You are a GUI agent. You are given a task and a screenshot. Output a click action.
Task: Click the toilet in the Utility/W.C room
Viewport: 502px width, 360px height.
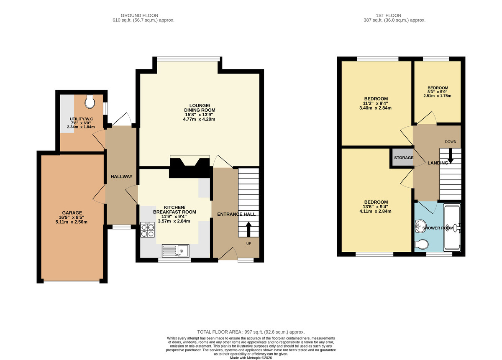click(90, 101)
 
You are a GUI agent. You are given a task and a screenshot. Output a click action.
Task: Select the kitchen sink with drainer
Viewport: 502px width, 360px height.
click(176, 250)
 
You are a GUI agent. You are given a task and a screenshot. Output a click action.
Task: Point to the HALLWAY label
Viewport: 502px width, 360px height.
click(121, 176)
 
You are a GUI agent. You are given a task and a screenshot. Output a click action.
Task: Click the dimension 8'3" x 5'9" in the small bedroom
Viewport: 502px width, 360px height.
click(437, 92)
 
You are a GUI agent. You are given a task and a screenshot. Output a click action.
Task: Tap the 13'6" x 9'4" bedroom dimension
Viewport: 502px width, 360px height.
click(376, 207)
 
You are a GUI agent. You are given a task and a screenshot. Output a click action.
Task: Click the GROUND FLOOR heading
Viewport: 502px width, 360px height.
click(143, 15)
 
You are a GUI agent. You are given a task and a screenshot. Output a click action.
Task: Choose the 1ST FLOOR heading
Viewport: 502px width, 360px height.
click(395, 15)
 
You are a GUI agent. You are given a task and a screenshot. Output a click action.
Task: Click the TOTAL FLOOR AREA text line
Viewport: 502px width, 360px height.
click(251, 332)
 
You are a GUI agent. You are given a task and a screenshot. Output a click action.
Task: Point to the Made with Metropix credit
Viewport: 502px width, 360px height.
click(251, 357)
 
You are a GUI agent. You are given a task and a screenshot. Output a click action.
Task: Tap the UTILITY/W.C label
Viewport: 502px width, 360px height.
click(81, 119)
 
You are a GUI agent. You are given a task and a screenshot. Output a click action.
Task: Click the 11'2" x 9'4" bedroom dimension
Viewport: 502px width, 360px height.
click(376, 103)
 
